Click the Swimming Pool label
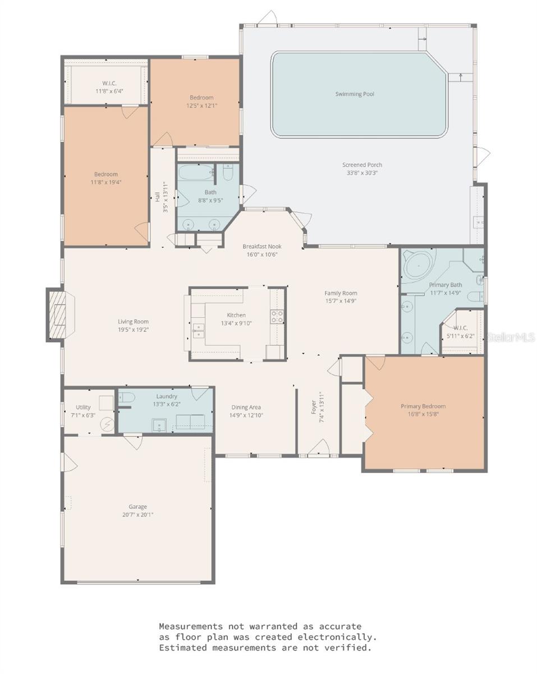tap(355, 94)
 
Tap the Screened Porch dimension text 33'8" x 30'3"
tap(362, 173)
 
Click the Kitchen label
tap(236, 315)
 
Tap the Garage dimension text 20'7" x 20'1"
tap(137, 514)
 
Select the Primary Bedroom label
tap(423, 406)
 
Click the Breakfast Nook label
tap(261, 246)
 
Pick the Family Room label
tap(341, 293)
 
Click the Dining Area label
tap(246, 407)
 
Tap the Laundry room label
tap(167, 396)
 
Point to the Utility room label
tap(83, 407)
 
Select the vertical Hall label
tap(157, 197)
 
